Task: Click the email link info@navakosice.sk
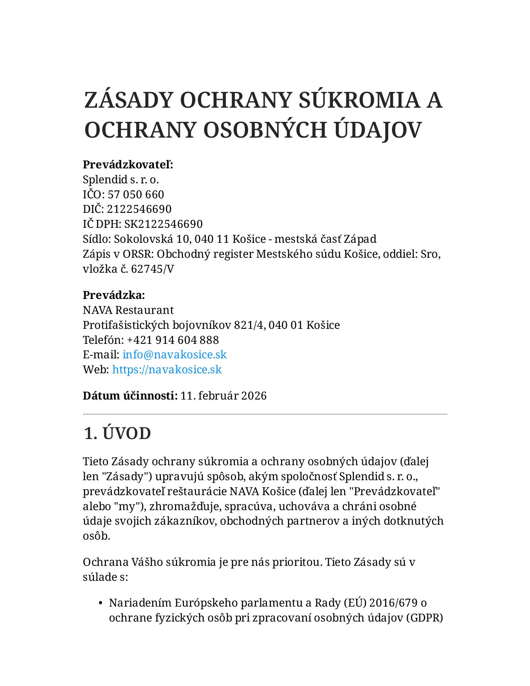[x=175, y=355]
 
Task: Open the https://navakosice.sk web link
[x=167, y=370]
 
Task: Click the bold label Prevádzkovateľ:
[x=128, y=165]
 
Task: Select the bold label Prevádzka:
[x=114, y=295]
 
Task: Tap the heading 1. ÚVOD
[x=117, y=434]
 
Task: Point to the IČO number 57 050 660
[x=136, y=195]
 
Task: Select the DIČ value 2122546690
[x=139, y=209]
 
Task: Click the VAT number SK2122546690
[x=163, y=224]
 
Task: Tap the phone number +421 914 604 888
[x=173, y=340]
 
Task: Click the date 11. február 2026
[x=224, y=396]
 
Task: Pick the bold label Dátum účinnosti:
[x=130, y=396]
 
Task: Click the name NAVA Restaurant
[x=128, y=310]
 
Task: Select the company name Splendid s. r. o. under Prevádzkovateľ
[x=121, y=180]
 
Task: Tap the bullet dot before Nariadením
[x=101, y=603]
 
